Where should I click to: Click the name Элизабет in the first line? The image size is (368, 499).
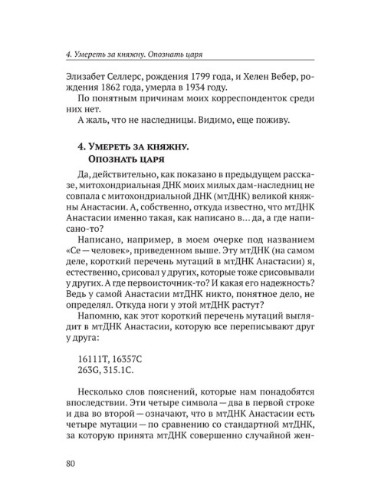(91, 81)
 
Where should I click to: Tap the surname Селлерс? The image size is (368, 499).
(140, 81)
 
